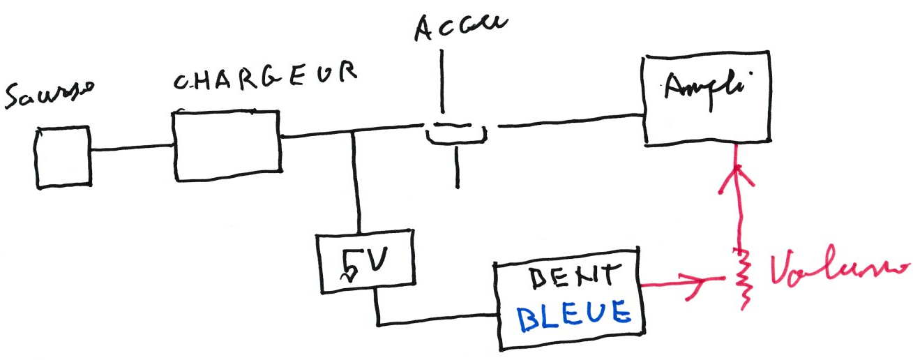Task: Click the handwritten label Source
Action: pos(50,97)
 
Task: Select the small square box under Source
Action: pos(63,157)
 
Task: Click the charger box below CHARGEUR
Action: pos(227,145)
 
